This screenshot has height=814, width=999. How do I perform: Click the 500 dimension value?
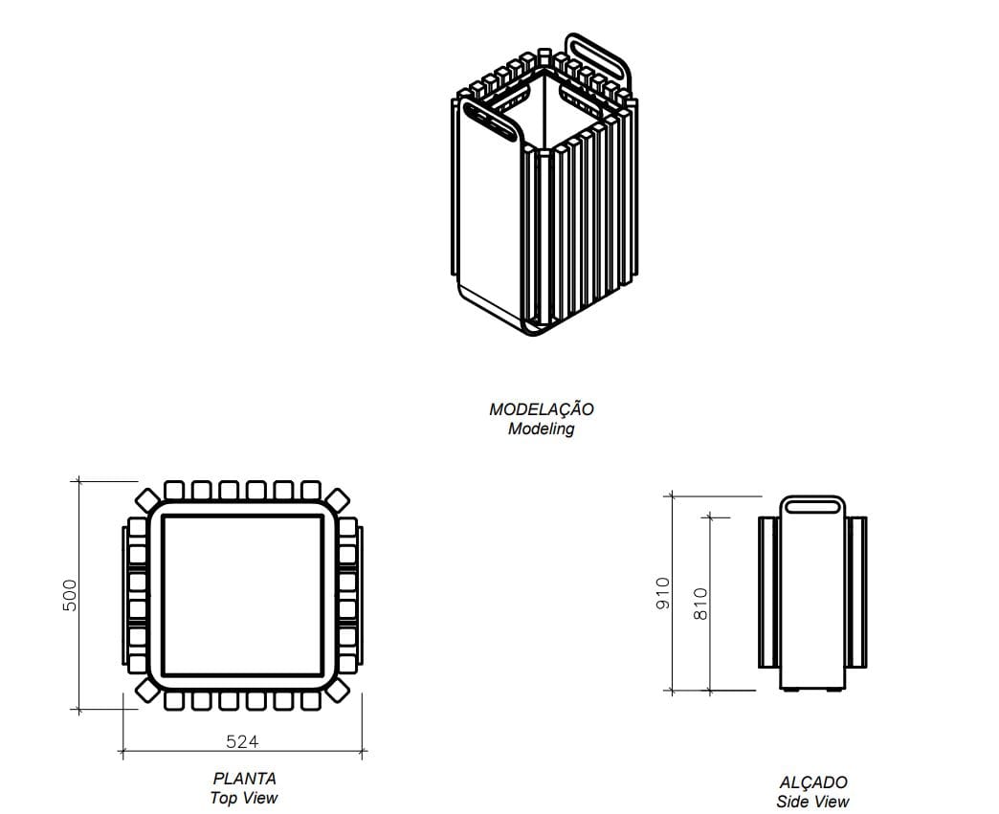[69, 596]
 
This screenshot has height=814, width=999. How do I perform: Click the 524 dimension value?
[242, 741]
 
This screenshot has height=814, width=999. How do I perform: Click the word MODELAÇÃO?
[542, 409]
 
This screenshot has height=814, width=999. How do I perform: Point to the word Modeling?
[542, 429]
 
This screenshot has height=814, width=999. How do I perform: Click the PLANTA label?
[244, 780]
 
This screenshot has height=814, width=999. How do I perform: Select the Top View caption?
[244, 799]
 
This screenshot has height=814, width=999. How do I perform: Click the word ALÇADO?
[811, 782]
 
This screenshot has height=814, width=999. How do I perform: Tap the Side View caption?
[811, 802]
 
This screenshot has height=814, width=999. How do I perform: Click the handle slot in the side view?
[811, 505]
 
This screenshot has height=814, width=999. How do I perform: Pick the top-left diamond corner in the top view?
[146, 499]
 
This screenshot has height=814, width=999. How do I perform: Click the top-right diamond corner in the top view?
[338, 499]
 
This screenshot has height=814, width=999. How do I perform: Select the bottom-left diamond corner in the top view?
[146, 691]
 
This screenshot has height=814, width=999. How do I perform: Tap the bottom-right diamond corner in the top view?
[338, 691]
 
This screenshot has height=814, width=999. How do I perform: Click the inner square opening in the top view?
[242, 595]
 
